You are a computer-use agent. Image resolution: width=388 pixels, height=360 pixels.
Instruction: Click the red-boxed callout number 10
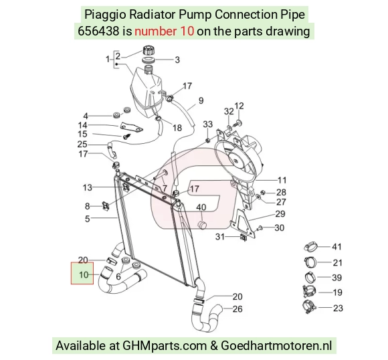click(x=84, y=274)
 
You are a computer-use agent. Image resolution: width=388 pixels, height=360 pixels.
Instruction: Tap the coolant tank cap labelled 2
click(x=149, y=50)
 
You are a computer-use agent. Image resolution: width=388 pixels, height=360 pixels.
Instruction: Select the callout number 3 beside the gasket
click(x=177, y=60)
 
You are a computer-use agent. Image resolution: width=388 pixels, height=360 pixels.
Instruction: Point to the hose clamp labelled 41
click(x=310, y=247)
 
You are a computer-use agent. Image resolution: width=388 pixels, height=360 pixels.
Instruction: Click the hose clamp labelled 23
click(x=309, y=307)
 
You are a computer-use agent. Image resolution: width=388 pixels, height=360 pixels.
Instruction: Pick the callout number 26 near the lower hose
click(x=237, y=309)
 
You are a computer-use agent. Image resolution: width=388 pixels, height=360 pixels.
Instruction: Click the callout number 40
click(x=201, y=207)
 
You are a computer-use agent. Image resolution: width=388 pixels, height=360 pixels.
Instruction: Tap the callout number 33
click(x=208, y=124)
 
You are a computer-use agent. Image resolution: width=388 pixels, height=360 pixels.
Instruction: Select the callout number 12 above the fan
click(x=239, y=106)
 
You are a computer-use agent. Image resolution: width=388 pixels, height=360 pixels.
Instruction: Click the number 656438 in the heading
click(x=98, y=31)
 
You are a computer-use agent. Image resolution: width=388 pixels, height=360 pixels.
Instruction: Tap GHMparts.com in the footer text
click(x=165, y=345)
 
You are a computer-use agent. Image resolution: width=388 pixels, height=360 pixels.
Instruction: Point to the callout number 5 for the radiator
click(x=88, y=219)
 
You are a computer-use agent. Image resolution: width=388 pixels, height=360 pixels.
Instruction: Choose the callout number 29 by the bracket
click(x=280, y=213)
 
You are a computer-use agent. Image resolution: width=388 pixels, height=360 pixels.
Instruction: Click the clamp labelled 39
click(x=310, y=277)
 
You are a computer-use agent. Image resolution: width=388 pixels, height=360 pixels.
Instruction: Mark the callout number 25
click(x=82, y=145)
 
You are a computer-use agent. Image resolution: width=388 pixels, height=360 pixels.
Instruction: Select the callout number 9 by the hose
click(x=201, y=100)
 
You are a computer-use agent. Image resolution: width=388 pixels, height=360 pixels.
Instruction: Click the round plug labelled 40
click(x=203, y=226)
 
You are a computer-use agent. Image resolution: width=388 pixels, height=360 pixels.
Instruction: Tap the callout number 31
click(x=220, y=237)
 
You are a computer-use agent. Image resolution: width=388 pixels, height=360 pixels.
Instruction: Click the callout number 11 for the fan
click(x=282, y=180)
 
